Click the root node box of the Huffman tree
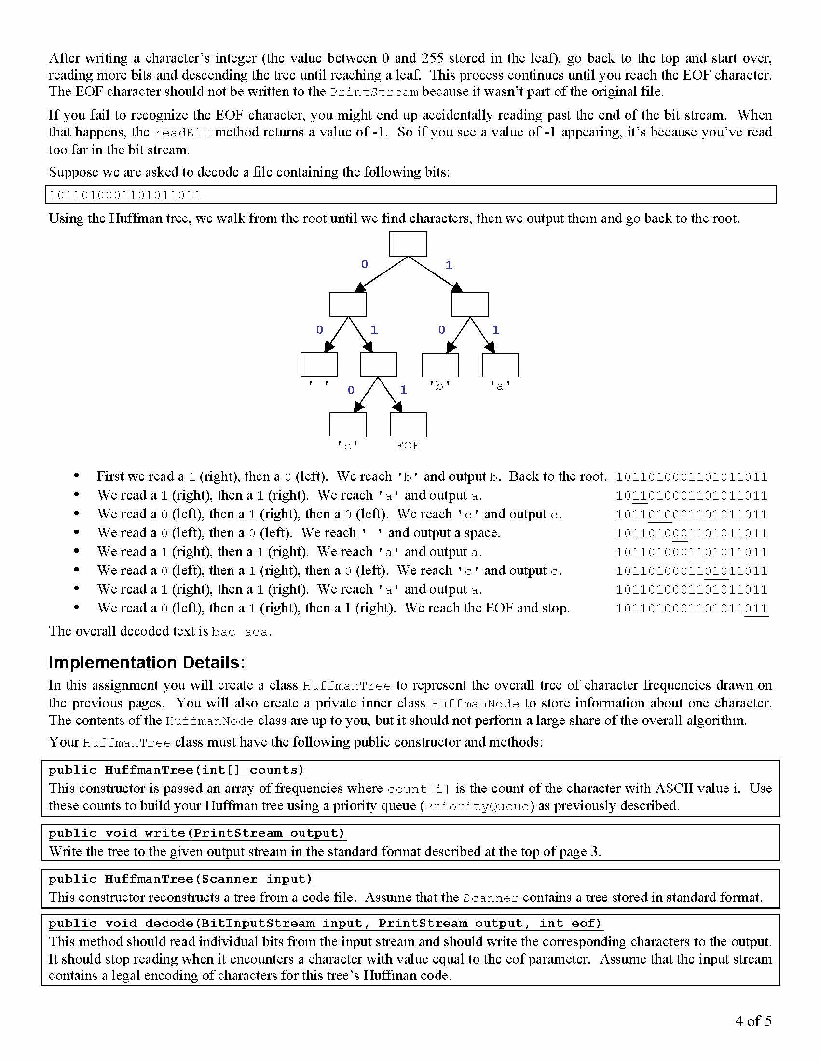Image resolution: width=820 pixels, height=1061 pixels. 408,244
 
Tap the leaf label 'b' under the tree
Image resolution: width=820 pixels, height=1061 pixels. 439,386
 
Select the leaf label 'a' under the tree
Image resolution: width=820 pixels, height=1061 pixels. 500,386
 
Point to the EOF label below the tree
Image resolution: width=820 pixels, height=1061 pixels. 408,446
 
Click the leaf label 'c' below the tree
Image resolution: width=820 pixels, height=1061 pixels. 348,446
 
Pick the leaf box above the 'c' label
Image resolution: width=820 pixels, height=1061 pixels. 348,424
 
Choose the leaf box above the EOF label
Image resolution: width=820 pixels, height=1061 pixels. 408,424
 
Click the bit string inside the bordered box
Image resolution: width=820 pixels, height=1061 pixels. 125,195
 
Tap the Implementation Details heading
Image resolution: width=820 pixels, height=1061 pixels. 147,663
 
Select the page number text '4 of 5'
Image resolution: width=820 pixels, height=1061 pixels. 753,1020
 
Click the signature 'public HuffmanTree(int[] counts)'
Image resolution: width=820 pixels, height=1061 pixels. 176,770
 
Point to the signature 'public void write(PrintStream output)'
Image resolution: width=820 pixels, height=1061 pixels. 196,833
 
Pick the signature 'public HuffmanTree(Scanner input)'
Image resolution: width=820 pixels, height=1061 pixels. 180,879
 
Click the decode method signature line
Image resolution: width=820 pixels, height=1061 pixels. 325,924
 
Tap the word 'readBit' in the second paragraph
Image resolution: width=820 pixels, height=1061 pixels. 182,133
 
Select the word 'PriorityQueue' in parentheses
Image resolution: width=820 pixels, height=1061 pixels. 477,807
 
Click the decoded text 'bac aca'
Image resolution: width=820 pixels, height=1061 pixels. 241,632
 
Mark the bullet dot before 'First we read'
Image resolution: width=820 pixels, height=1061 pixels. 76,476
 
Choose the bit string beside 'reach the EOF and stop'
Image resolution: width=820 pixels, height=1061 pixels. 691,609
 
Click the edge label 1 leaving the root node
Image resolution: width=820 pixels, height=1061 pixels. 449,265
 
